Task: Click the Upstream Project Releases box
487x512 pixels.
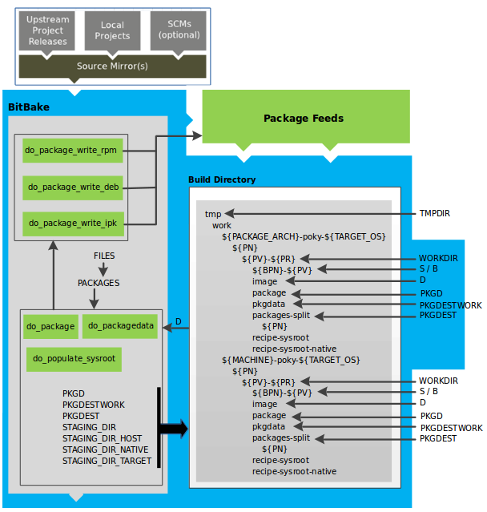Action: pos(46,30)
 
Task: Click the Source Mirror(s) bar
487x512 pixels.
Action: pos(112,66)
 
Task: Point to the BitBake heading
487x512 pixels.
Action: pos(28,107)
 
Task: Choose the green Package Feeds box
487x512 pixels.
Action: pos(304,118)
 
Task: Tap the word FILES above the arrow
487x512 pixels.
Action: pos(103,256)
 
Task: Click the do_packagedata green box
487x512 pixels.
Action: pos(120,325)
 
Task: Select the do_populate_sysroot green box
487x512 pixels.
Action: pos(74,359)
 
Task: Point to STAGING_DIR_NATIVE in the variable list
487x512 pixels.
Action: pos(106,450)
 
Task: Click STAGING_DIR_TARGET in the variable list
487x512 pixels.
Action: pos(107,461)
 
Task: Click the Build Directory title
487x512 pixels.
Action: pos(222,179)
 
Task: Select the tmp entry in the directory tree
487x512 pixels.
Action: pos(212,214)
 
